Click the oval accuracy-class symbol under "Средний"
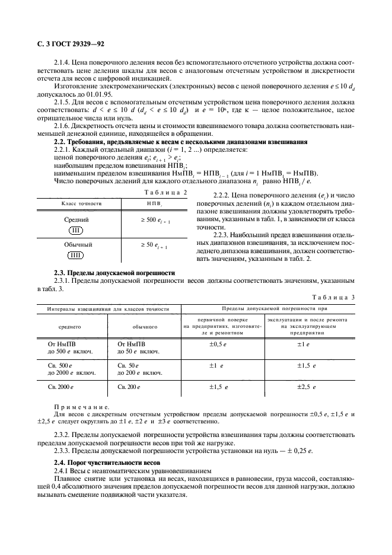[x=77, y=230]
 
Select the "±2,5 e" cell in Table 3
[x=307, y=387]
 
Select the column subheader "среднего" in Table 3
[x=69, y=326]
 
